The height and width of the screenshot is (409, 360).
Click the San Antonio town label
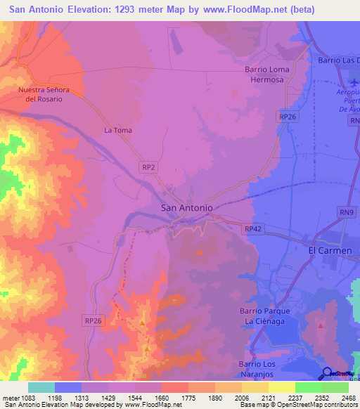pos(186,208)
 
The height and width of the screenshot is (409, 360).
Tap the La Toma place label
pos(118,130)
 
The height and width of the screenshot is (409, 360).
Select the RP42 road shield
pos(252,229)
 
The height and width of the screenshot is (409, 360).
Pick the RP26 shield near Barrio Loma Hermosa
pos(286,117)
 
